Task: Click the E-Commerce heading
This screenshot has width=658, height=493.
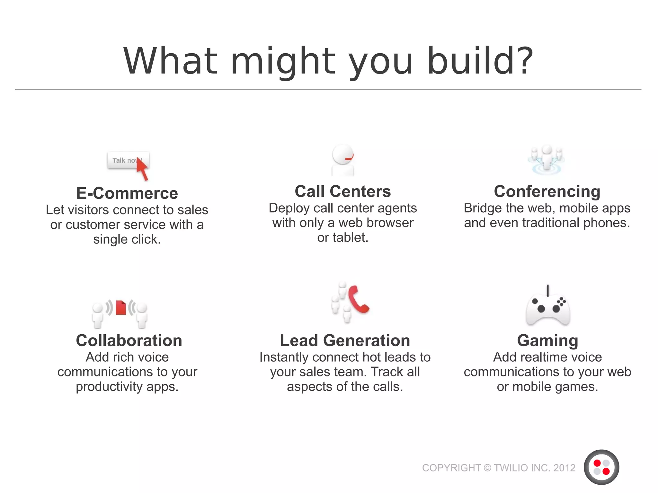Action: (x=127, y=193)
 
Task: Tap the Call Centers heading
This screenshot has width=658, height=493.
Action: (x=342, y=191)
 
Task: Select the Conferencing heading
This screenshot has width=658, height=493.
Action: (x=547, y=191)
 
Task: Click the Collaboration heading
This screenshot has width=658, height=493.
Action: (x=129, y=340)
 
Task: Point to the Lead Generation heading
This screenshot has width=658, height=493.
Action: (x=345, y=340)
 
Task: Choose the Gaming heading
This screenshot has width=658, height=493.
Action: (x=547, y=340)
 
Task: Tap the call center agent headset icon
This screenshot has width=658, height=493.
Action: (x=343, y=160)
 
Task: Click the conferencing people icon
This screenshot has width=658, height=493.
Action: (x=547, y=160)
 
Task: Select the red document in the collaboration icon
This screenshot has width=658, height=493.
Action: (x=121, y=307)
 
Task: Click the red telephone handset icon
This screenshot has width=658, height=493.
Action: (x=358, y=299)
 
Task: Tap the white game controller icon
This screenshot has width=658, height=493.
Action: (x=548, y=309)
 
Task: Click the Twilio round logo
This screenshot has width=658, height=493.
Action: (x=601, y=467)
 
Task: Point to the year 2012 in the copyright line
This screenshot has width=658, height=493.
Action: (x=564, y=468)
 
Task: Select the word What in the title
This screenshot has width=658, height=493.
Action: (x=171, y=61)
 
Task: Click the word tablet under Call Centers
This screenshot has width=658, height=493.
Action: (x=350, y=238)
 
